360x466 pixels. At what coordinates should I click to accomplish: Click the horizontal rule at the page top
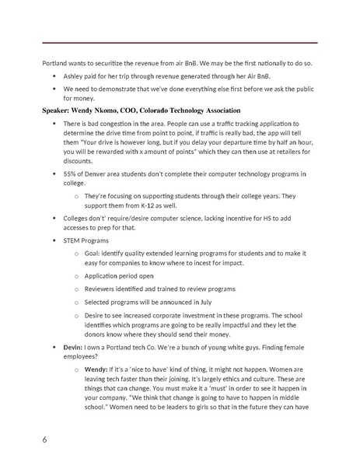[x=180, y=42]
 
